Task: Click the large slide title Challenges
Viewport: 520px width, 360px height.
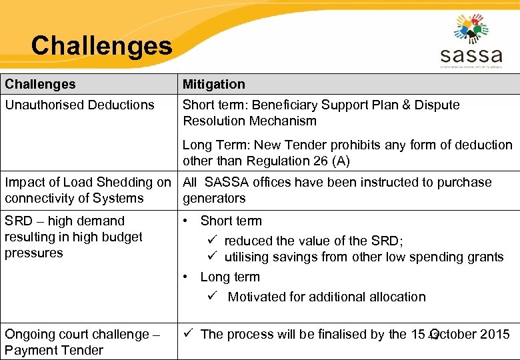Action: click(101, 46)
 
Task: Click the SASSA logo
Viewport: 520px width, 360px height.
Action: click(471, 41)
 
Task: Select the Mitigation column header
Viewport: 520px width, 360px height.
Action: click(214, 84)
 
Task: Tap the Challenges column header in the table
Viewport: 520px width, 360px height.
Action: click(40, 84)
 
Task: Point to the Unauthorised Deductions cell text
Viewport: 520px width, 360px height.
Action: click(79, 105)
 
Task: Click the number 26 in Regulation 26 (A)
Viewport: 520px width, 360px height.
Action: click(325, 161)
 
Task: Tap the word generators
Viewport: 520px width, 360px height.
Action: click(214, 198)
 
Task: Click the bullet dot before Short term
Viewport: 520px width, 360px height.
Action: click(187, 221)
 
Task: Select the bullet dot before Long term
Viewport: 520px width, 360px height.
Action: click(187, 277)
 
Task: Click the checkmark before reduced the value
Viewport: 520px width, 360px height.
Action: click(213, 241)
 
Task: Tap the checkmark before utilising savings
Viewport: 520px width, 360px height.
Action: click(213, 257)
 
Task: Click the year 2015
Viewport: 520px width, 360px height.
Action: click(495, 334)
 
